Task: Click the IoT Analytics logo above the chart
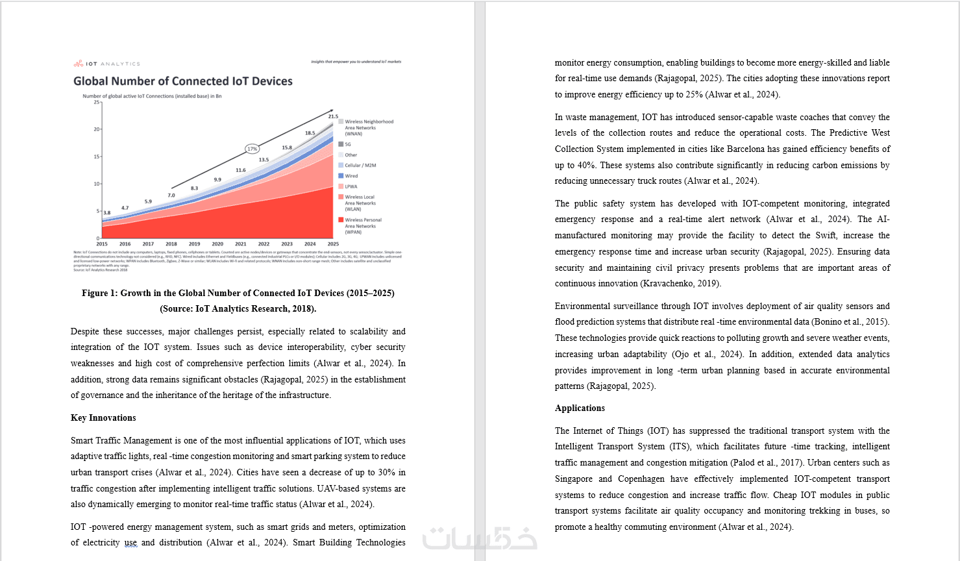pos(106,64)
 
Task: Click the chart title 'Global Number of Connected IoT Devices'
pos(182,81)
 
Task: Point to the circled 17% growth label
pos(252,149)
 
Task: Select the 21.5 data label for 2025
pos(333,116)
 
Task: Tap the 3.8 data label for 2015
pos(107,212)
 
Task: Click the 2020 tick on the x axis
pos(217,244)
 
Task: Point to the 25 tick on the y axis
pos(97,102)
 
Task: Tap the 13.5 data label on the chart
pos(264,160)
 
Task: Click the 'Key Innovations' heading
pos(103,418)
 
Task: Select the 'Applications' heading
pos(580,408)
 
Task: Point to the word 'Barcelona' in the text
pos(746,149)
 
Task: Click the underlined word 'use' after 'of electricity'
pos(131,543)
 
